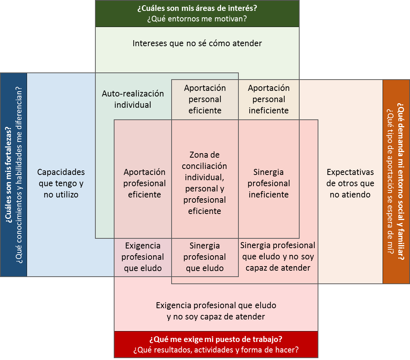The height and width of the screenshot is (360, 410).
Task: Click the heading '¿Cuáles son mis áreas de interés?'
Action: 197,8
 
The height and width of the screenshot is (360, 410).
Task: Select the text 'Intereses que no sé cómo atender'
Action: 197,43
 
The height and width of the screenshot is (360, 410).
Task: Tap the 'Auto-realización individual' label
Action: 133,99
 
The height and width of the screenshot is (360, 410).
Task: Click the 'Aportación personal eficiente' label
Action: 205,99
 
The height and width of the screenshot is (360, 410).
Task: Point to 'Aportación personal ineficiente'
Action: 269,99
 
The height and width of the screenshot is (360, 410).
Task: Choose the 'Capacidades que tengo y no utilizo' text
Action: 61,183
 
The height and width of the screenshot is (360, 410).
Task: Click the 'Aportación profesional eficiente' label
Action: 145,183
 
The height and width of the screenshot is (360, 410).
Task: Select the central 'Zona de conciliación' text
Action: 205,183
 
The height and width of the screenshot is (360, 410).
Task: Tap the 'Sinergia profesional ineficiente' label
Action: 269,183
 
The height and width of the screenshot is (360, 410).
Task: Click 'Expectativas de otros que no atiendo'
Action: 350,183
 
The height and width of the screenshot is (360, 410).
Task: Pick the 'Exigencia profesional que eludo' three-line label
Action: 143,257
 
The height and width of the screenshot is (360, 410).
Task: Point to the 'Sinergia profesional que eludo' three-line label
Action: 205,257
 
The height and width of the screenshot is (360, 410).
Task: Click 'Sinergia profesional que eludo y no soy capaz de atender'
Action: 278,256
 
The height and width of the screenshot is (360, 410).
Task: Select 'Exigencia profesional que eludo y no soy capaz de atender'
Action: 216,311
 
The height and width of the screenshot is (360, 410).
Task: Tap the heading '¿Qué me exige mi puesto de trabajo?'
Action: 216,339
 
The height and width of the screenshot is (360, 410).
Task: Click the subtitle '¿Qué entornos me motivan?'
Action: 197,19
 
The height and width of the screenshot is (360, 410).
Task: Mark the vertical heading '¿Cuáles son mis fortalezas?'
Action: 9,175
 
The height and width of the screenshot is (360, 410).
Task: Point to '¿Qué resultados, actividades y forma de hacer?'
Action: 216,350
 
